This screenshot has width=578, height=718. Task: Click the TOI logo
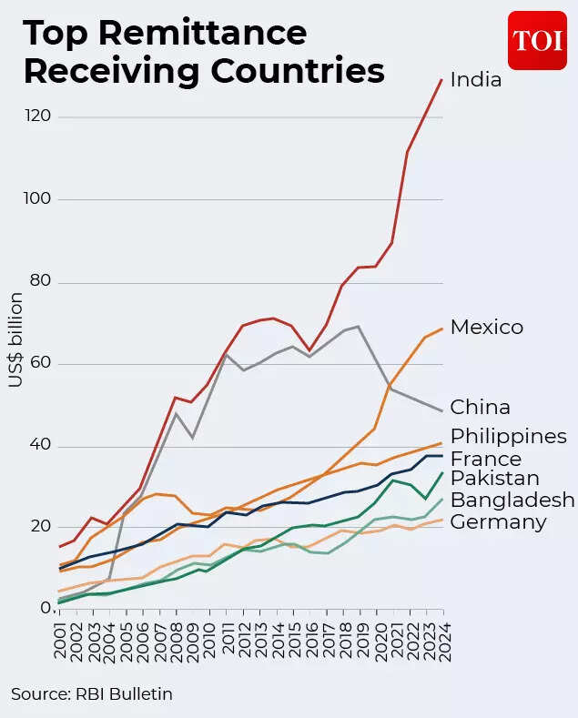tap(537, 40)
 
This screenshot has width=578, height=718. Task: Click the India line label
tap(476, 80)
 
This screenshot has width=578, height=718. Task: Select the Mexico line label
tap(487, 327)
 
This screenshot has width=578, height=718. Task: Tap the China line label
tap(480, 407)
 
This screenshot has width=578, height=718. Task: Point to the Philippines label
tap(508, 436)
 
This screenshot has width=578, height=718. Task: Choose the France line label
tap(485, 459)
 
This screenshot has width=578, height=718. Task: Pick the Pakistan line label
tap(494, 479)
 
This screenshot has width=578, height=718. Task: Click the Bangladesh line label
tap(512, 500)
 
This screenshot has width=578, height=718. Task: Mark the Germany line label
tap(498, 521)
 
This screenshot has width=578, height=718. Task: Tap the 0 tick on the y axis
tap(44, 608)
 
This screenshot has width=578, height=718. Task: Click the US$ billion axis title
tap(16, 339)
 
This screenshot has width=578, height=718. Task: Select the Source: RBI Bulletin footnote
tap(92, 694)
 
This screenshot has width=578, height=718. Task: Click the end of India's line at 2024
tap(441, 80)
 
